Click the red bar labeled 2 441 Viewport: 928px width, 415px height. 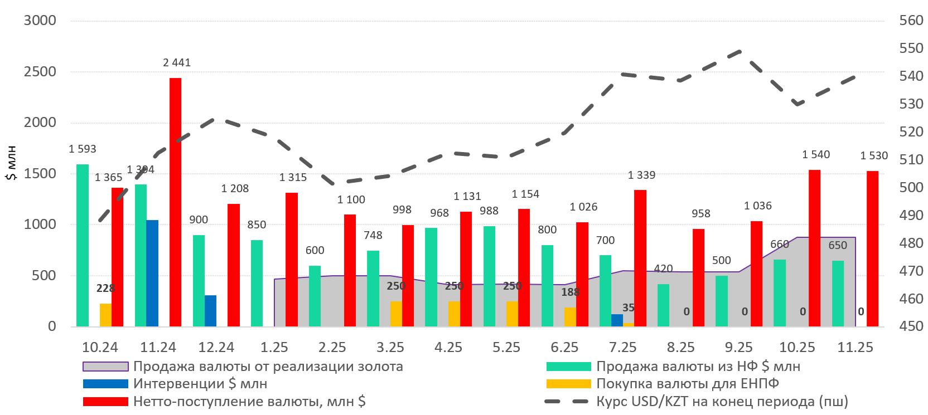pyautogui.click(x=175, y=202)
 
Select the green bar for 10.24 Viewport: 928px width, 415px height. pyautogui.click(x=83, y=245)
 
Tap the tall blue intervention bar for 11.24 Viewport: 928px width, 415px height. pyautogui.click(x=152, y=273)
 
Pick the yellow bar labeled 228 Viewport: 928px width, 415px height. pyautogui.click(x=105, y=315)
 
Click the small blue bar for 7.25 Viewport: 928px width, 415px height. pyautogui.click(x=617, y=320)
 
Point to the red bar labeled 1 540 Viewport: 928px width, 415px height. pyautogui.click(x=814, y=248)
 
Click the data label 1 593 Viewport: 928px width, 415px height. pyautogui.click(x=83, y=149)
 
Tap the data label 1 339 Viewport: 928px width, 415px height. pyautogui.click(x=641, y=175)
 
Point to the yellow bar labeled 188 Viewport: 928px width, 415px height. pyautogui.click(x=570, y=316)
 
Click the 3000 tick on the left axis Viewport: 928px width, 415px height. pyautogui.click(x=40, y=21)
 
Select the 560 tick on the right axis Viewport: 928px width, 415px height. pyautogui.click(x=911, y=21)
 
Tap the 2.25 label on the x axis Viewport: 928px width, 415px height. pyautogui.click(x=332, y=348)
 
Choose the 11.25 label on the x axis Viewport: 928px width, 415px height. pyautogui.click(x=855, y=348)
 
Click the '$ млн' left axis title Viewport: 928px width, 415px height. pyautogui.click(x=11, y=163)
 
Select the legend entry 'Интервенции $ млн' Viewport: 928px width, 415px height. pyautogui.click(x=200, y=384)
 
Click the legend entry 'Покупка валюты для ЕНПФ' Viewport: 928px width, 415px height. pyautogui.click(x=687, y=384)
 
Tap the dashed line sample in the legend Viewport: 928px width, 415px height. pyautogui.click(x=566, y=402)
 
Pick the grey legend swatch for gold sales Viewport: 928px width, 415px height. pyautogui.click(x=105, y=367)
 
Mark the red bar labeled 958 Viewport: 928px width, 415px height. pyautogui.click(x=698, y=277)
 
